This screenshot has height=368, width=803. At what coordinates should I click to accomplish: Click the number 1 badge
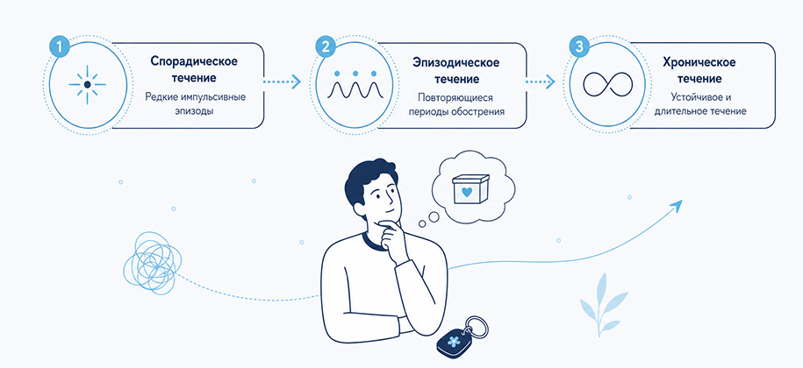coord(60,47)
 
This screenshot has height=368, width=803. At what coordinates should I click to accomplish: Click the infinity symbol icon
coord(608,84)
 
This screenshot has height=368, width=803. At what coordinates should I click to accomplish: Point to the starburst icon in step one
coord(87,84)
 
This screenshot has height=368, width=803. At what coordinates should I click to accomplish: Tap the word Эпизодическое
coord(456,62)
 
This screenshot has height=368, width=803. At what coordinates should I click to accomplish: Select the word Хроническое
coord(699,62)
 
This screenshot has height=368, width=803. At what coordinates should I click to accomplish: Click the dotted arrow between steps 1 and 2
coord(281,81)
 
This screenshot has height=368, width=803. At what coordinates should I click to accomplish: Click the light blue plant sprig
coord(602,304)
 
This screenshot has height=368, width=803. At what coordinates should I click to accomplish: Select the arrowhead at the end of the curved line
coord(677,205)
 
